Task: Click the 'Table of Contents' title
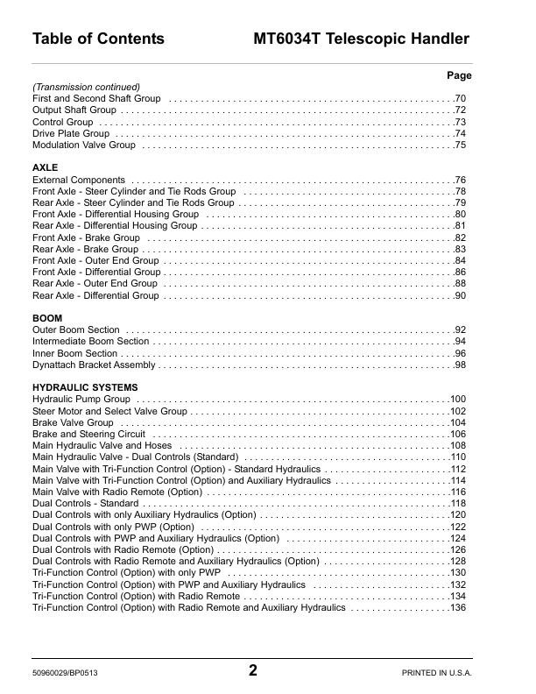[x=98, y=39]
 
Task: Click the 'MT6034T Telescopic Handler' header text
[x=361, y=39]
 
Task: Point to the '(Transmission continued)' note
[x=86, y=88]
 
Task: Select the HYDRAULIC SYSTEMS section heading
[x=84, y=386]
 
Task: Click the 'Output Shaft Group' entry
[x=74, y=110]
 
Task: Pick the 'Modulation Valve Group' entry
[x=84, y=145]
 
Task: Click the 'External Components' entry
[x=78, y=180]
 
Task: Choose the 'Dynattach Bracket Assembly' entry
[x=94, y=365]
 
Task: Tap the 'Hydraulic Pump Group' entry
[x=81, y=400]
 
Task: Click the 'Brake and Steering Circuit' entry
[x=88, y=434]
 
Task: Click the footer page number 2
[x=253, y=671]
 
